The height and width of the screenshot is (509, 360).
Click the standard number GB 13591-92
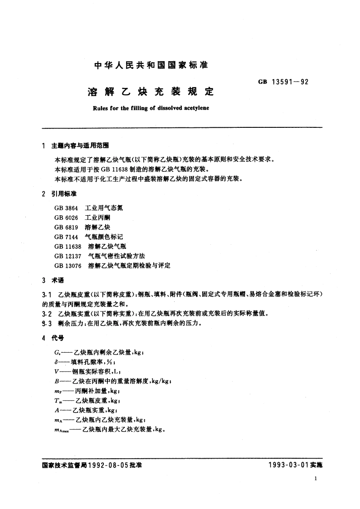tap(283, 82)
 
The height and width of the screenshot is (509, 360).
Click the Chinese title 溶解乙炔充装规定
tap(150, 92)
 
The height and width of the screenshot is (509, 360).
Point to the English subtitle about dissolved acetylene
tap(150, 109)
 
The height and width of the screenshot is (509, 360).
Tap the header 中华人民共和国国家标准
tap(150, 65)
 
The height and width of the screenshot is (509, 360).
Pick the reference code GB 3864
tap(63, 208)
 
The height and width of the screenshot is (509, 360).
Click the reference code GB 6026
tap(63, 218)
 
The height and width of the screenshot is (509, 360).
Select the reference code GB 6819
tap(63, 227)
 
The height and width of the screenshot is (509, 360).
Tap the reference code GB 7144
tap(63, 237)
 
